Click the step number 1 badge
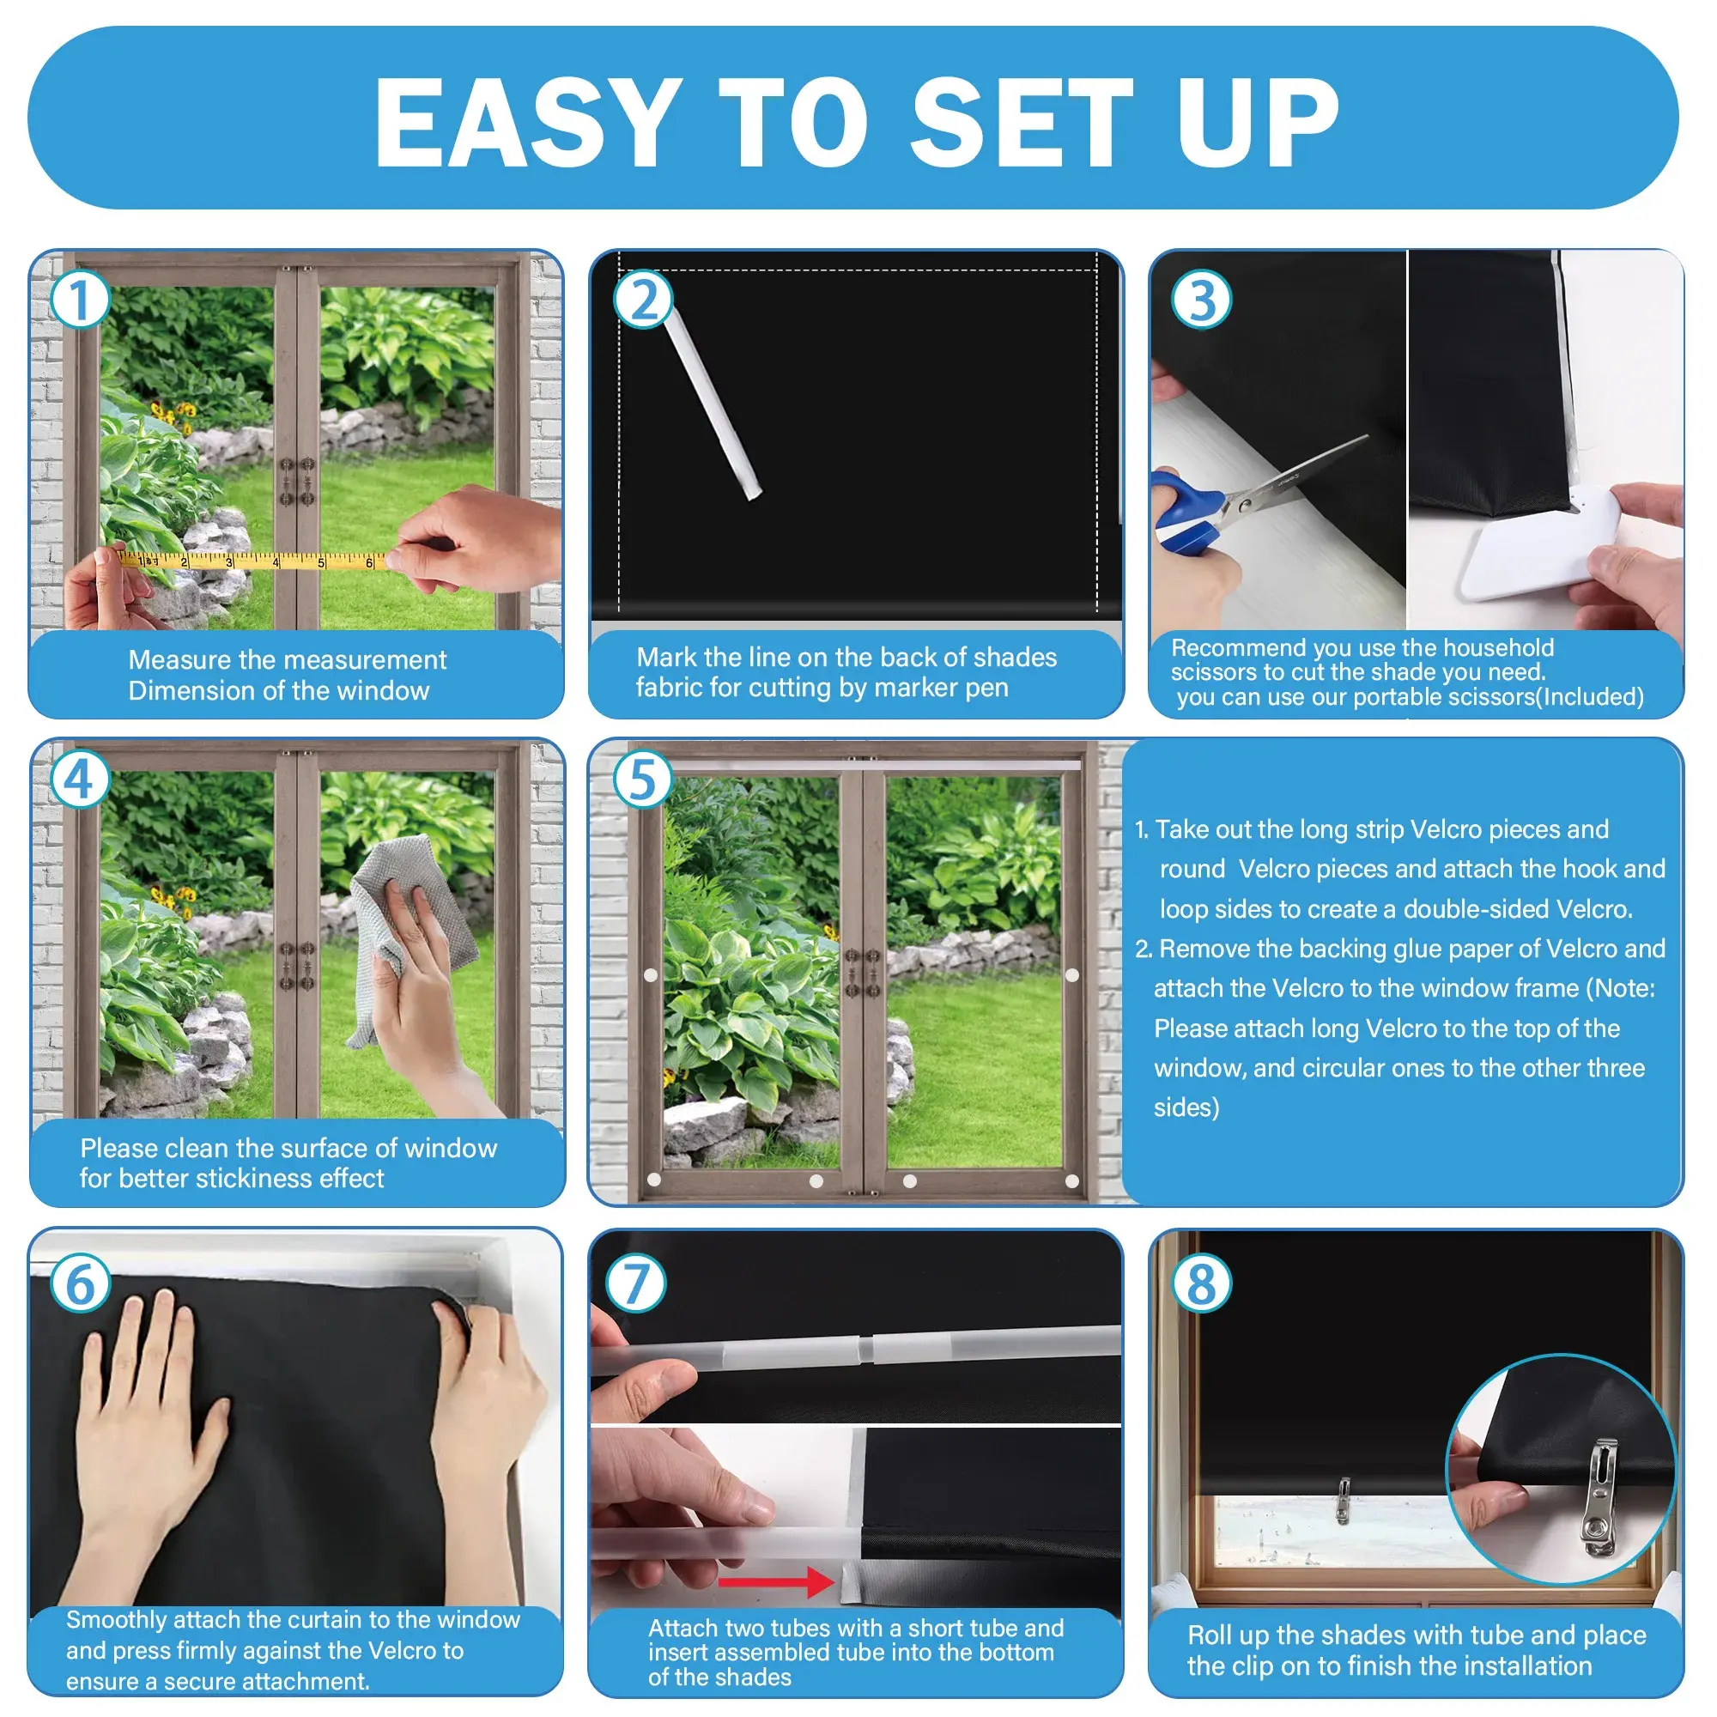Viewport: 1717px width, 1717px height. tap(80, 300)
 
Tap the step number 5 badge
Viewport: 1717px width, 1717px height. tap(642, 780)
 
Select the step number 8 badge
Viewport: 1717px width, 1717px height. tap(1202, 1284)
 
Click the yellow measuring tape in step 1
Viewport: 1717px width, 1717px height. tap(253, 561)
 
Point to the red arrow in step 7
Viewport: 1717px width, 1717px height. tap(776, 1582)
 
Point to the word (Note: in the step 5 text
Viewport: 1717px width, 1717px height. tap(1621, 988)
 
